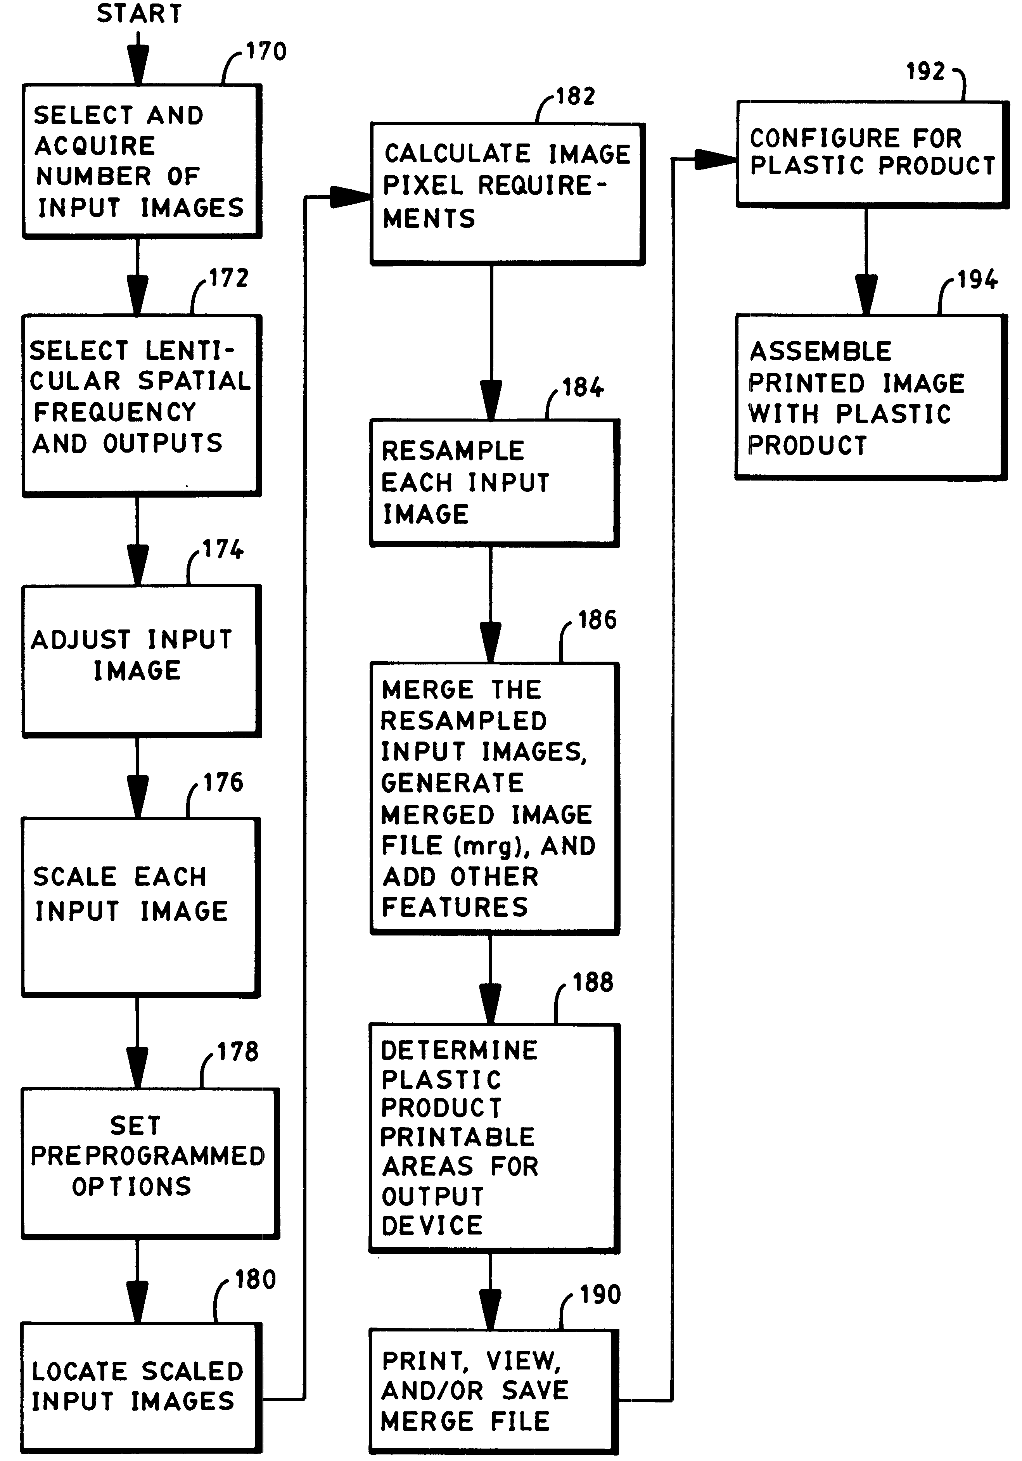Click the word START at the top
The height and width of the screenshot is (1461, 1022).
pyautogui.click(x=139, y=13)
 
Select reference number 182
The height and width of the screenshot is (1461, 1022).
pyautogui.click(x=576, y=96)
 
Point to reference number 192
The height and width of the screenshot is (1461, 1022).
pyautogui.click(x=926, y=71)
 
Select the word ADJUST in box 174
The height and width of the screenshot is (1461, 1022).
pyautogui.click(x=81, y=640)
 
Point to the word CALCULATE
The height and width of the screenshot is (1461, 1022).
pyautogui.click(x=458, y=153)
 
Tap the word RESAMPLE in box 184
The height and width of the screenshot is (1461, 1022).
pyautogui.click(x=453, y=451)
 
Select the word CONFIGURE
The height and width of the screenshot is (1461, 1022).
pyautogui.click(x=825, y=138)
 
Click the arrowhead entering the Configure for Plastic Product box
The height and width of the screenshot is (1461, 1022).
pyautogui.click(x=716, y=160)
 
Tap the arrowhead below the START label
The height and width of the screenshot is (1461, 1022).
pyautogui.click(x=138, y=67)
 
